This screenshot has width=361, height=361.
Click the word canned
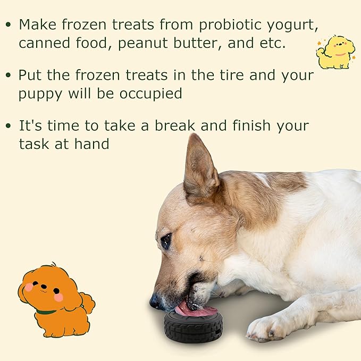(40, 44)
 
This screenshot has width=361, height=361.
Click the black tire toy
(193, 325)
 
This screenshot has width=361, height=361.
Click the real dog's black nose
(155, 302)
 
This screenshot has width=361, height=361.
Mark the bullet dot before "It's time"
(7, 126)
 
